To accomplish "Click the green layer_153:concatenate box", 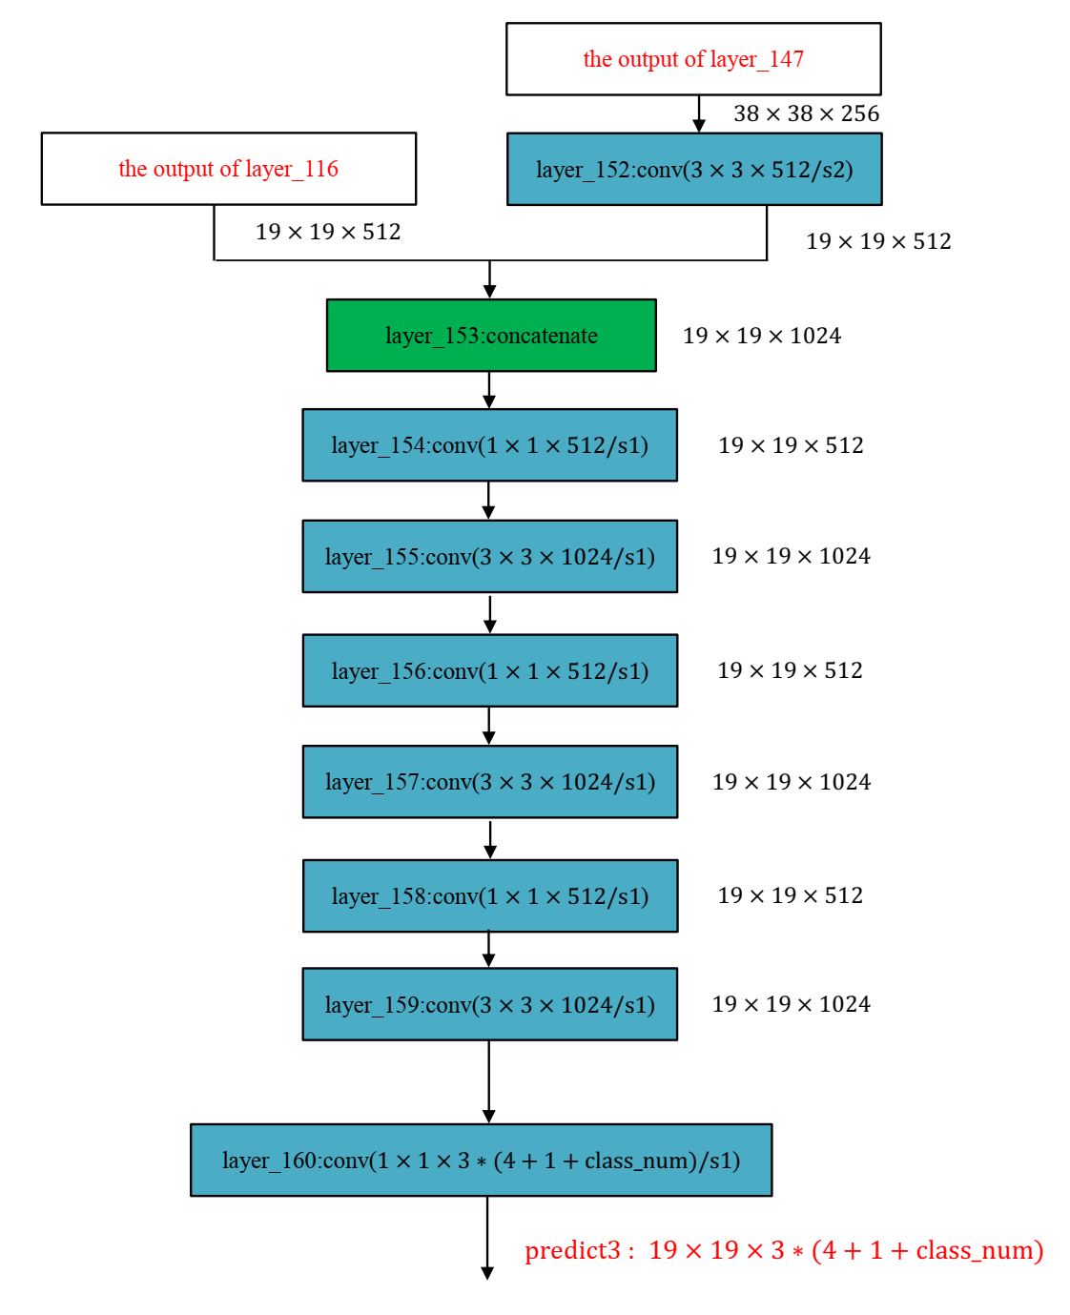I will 491,336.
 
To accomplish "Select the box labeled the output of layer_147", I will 693,59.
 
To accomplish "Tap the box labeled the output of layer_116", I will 229,169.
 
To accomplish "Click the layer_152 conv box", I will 694,170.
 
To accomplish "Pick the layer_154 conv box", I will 489,445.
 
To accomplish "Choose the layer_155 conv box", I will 489,557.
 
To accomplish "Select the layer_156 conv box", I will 489,670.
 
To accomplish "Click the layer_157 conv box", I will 489,782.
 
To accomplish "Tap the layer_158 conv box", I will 489,896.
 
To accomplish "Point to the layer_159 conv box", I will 489,1004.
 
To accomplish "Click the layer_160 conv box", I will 481,1161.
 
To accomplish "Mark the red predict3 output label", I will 784,1250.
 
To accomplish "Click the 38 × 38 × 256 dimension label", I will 806,113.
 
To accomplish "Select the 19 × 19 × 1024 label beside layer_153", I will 762,336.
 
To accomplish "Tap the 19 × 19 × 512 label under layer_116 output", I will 328,232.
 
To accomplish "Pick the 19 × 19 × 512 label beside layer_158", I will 790,895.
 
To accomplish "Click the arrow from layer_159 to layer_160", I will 489,1082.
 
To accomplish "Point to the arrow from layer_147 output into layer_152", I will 699,114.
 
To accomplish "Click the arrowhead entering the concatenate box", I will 489,291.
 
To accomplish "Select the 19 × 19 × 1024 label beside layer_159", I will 791,1004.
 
